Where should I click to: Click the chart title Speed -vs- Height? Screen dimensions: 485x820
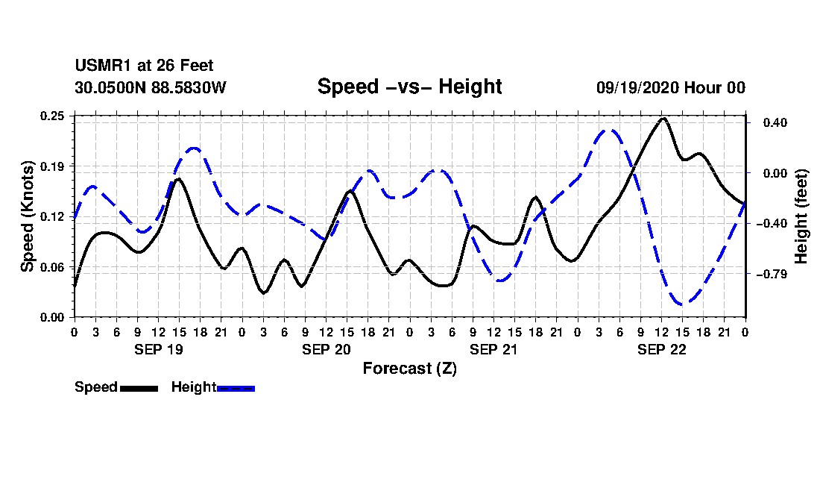(x=409, y=87)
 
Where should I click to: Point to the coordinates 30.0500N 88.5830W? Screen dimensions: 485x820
(x=150, y=88)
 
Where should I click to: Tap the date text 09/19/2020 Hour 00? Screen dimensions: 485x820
(x=670, y=88)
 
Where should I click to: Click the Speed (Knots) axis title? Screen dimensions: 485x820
(x=27, y=216)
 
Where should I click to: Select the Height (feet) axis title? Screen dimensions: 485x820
(x=801, y=216)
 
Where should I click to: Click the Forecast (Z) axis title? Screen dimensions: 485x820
(x=409, y=368)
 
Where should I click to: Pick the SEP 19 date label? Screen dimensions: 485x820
(x=159, y=349)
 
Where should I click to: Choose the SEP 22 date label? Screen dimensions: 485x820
(x=661, y=349)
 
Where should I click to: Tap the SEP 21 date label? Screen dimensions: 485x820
(x=493, y=349)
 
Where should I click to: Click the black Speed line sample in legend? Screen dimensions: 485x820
(x=139, y=388)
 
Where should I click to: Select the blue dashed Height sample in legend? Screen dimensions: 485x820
(x=236, y=388)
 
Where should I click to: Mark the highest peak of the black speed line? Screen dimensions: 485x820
(x=663, y=118)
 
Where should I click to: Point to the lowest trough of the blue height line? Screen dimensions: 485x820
(x=683, y=304)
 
